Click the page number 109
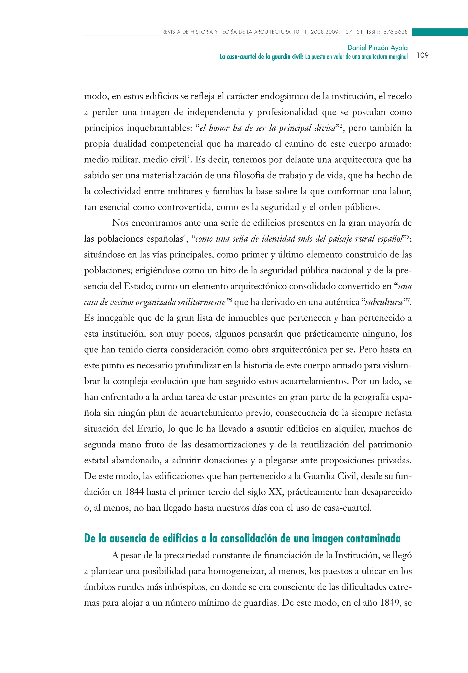coord(422,55)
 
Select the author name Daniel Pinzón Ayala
coord(377,47)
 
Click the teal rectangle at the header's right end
coord(440,32)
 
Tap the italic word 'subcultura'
coord(384,302)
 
